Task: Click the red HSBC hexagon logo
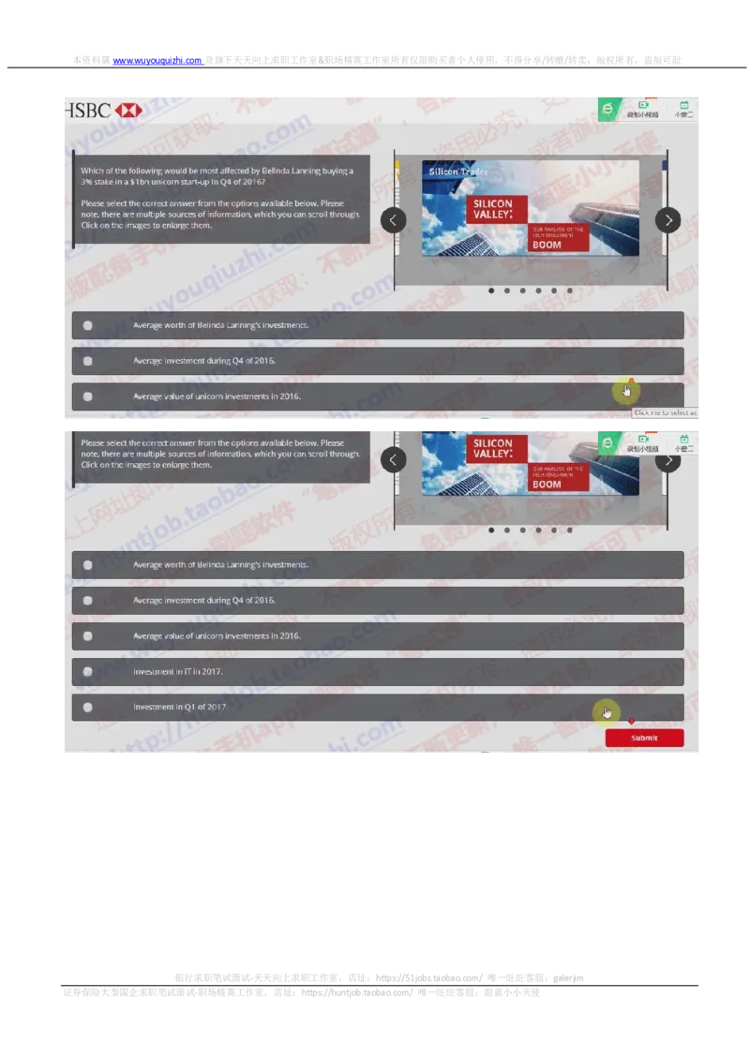pos(128,111)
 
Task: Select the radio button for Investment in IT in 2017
pos(87,672)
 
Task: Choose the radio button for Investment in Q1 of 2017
pos(87,708)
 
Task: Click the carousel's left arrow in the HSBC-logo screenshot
pos(394,220)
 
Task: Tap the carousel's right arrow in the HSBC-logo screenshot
pos(667,220)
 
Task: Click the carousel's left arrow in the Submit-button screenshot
pos(394,459)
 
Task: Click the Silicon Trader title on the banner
pos(457,172)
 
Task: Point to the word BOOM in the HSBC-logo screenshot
pos(547,245)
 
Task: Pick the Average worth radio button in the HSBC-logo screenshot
pos(87,325)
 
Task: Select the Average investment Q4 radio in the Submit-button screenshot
pos(87,601)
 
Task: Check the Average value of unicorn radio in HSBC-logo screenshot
pos(87,396)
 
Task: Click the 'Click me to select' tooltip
pos(666,412)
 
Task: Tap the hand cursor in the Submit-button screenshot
pos(607,713)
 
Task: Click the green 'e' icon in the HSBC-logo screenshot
pos(608,109)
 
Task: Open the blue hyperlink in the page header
pos(157,61)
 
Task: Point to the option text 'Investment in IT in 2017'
pos(178,672)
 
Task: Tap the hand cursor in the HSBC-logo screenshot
pos(625,390)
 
